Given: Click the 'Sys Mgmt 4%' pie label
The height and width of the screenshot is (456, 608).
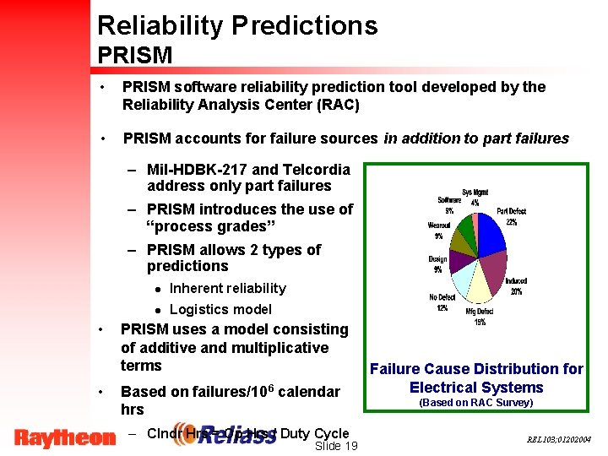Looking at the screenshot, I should pyautogui.click(x=475, y=198).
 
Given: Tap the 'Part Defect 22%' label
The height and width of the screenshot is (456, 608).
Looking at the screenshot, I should pyautogui.click(x=512, y=216).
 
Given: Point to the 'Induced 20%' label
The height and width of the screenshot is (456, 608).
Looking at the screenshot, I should pyautogui.click(x=516, y=286).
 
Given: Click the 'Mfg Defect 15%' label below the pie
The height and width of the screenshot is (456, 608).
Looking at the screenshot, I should pyautogui.click(x=480, y=316).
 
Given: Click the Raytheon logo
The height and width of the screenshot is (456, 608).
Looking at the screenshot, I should pyautogui.click(x=64, y=437).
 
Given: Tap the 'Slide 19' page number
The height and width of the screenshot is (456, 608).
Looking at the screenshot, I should pyautogui.click(x=334, y=446).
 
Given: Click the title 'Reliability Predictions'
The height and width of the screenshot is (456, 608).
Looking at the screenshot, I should pyautogui.click(x=237, y=25).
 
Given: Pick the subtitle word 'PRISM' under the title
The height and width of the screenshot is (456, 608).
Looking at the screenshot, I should pyautogui.click(x=135, y=56).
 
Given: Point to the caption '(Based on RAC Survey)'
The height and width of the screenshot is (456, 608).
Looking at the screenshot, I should pyautogui.click(x=476, y=403).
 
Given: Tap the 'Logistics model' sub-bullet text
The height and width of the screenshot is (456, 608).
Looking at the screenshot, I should pyautogui.click(x=220, y=309).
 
